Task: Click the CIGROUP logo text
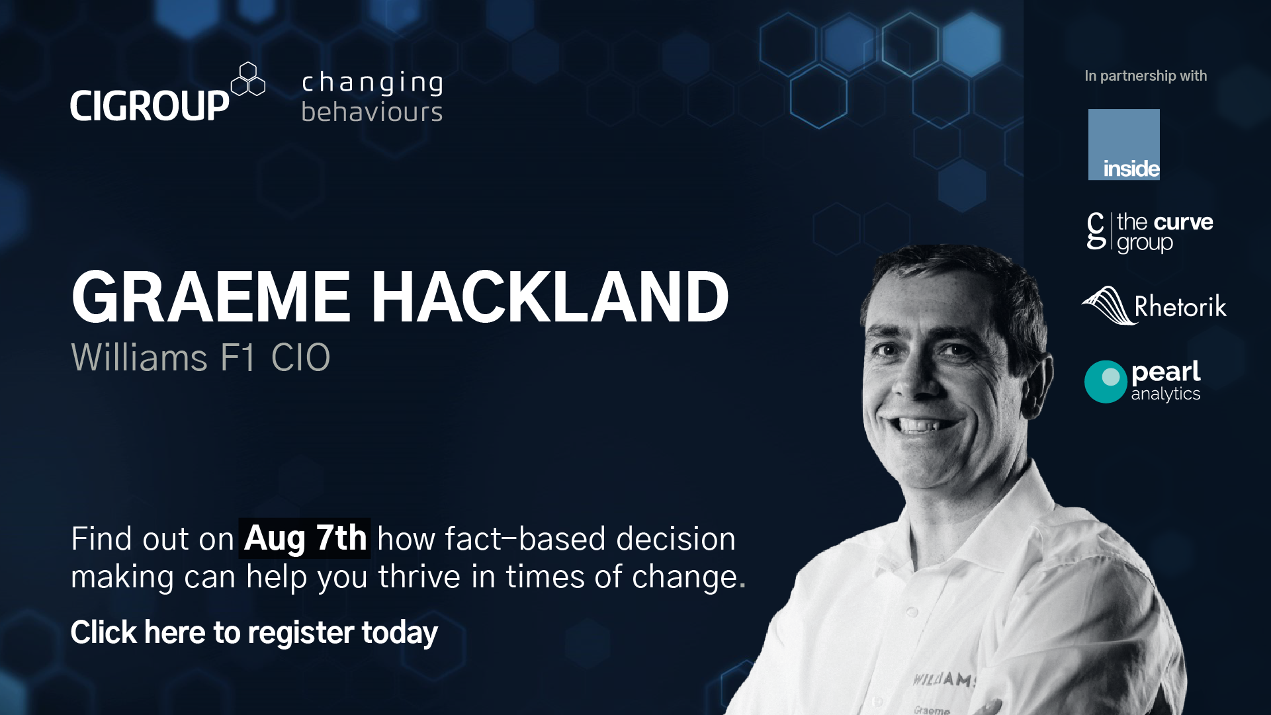click(x=150, y=106)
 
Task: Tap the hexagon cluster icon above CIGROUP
click(x=248, y=79)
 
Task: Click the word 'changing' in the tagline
click(x=373, y=83)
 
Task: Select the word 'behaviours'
click(x=372, y=112)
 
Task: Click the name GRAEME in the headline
click(x=210, y=298)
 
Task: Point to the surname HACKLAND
click(x=549, y=298)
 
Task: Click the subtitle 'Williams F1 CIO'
click(x=200, y=358)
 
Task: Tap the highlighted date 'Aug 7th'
click(x=305, y=538)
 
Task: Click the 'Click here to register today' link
click(x=254, y=632)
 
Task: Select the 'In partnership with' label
click(x=1146, y=76)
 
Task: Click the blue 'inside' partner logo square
click(x=1124, y=145)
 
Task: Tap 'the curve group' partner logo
click(x=1150, y=232)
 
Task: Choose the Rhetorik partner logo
click(x=1155, y=306)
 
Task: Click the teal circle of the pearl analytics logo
click(x=1106, y=382)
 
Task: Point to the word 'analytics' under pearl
click(x=1166, y=394)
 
